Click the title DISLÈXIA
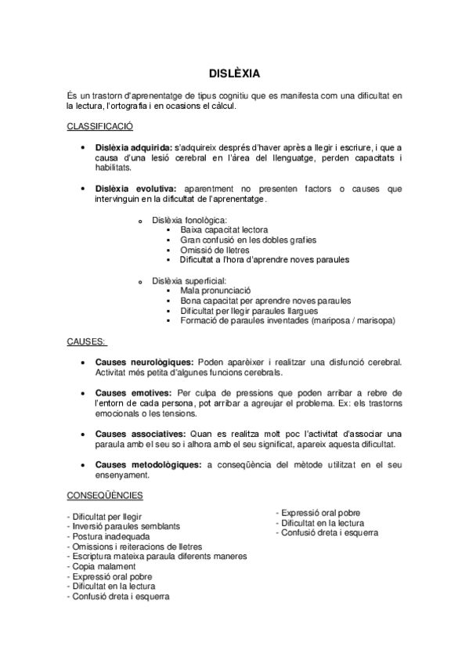click(234, 72)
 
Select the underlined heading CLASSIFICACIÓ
click(99, 126)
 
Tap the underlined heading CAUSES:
click(88, 341)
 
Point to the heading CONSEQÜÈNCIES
click(104, 496)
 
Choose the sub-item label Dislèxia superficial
click(189, 280)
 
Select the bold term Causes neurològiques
click(144, 363)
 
